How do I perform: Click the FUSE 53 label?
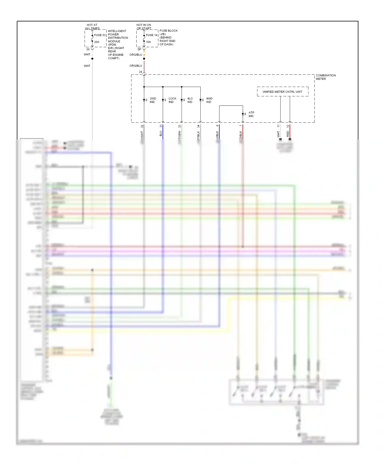(100, 35)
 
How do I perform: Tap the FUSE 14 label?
(152, 35)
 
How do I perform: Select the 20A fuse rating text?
(97, 42)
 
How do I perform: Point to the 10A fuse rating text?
(148, 42)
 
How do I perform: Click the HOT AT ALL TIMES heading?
(92, 27)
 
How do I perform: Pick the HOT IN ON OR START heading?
(144, 27)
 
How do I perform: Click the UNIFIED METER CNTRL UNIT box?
(282, 92)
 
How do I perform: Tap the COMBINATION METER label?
(325, 77)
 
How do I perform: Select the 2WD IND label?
(153, 100)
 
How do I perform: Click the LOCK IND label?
(172, 100)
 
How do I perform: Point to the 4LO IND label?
(190, 100)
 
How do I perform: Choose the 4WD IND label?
(209, 100)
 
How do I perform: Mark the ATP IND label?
(251, 114)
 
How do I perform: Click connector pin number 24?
(140, 72)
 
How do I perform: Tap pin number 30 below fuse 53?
(88, 49)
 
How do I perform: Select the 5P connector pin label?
(139, 49)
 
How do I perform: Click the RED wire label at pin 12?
(288, 134)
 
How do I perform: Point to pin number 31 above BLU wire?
(161, 126)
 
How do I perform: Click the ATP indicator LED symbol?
(243, 114)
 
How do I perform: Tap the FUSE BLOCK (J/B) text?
(168, 32)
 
